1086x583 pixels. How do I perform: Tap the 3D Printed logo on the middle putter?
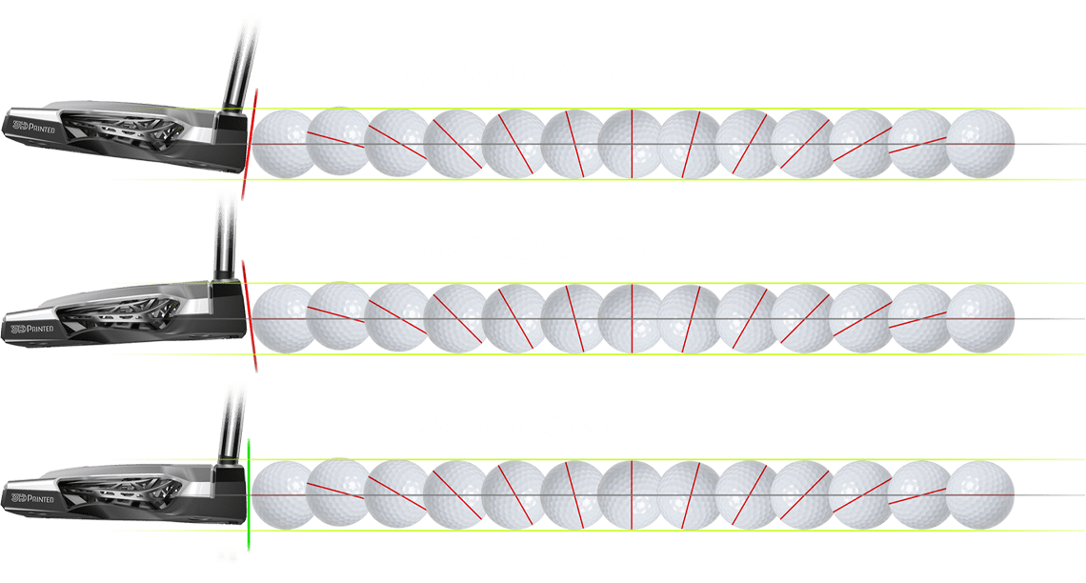click(x=30, y=327)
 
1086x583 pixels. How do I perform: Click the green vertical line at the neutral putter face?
click(x=248, y=495)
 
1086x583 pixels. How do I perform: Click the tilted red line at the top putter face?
click(x=251, y=143)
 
